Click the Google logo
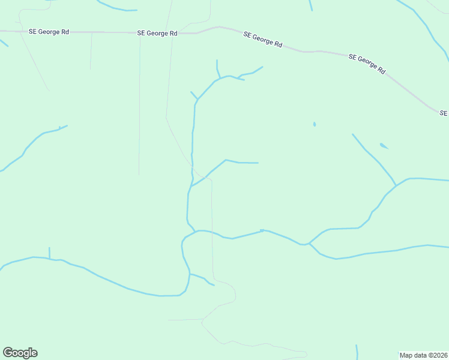[x=20, y=353]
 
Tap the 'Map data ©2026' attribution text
[x=423, y=355]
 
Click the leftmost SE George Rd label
[x=49, y=32]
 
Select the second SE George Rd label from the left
[x=157, y=34]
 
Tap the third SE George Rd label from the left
[x=263, y=40]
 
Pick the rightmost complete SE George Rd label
[x=366, y=63]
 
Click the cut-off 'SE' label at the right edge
[x=444, y=113]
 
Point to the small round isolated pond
[x=314, y=124]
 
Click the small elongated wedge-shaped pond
[x=384, y=146]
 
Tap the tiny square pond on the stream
[x=262, y=230]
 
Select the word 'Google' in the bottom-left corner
[x=20, y=353]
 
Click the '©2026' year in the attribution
[x=437, y=355]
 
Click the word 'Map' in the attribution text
[x=406, y=355]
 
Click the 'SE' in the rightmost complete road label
[x=352, y=56]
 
